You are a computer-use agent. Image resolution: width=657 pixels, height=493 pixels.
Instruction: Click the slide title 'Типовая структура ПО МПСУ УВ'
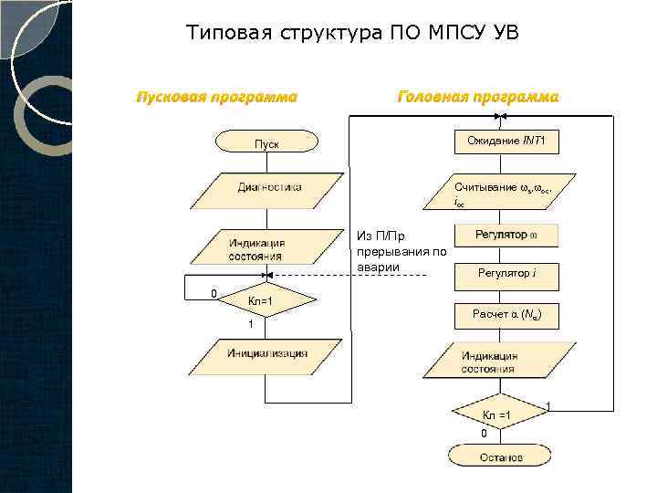click(x=352, y=35)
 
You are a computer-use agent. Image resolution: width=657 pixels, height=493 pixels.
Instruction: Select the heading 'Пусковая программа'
click(x=216, y=97)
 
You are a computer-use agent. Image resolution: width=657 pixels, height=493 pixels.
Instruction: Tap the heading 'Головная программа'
click(x=477, y=97)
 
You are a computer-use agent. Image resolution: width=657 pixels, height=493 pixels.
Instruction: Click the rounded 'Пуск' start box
click(x=266, y=142)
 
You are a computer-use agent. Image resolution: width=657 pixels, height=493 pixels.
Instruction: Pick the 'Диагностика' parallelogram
click(x=266, y=189)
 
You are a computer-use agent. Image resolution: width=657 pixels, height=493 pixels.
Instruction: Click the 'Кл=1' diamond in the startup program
click(x=261, y=300)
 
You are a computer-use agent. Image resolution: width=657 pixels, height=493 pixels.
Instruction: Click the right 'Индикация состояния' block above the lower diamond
click(x=497, y=362)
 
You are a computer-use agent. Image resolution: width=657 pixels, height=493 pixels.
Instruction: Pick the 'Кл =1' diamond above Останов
click(x=497, y=414)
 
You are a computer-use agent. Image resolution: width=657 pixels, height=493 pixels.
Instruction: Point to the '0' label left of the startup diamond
click(x=213, y=294)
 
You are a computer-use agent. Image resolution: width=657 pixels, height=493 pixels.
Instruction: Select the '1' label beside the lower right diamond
click(x=547, y=405)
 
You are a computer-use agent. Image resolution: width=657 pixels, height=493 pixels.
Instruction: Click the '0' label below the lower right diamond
click(x=485, y=433)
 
